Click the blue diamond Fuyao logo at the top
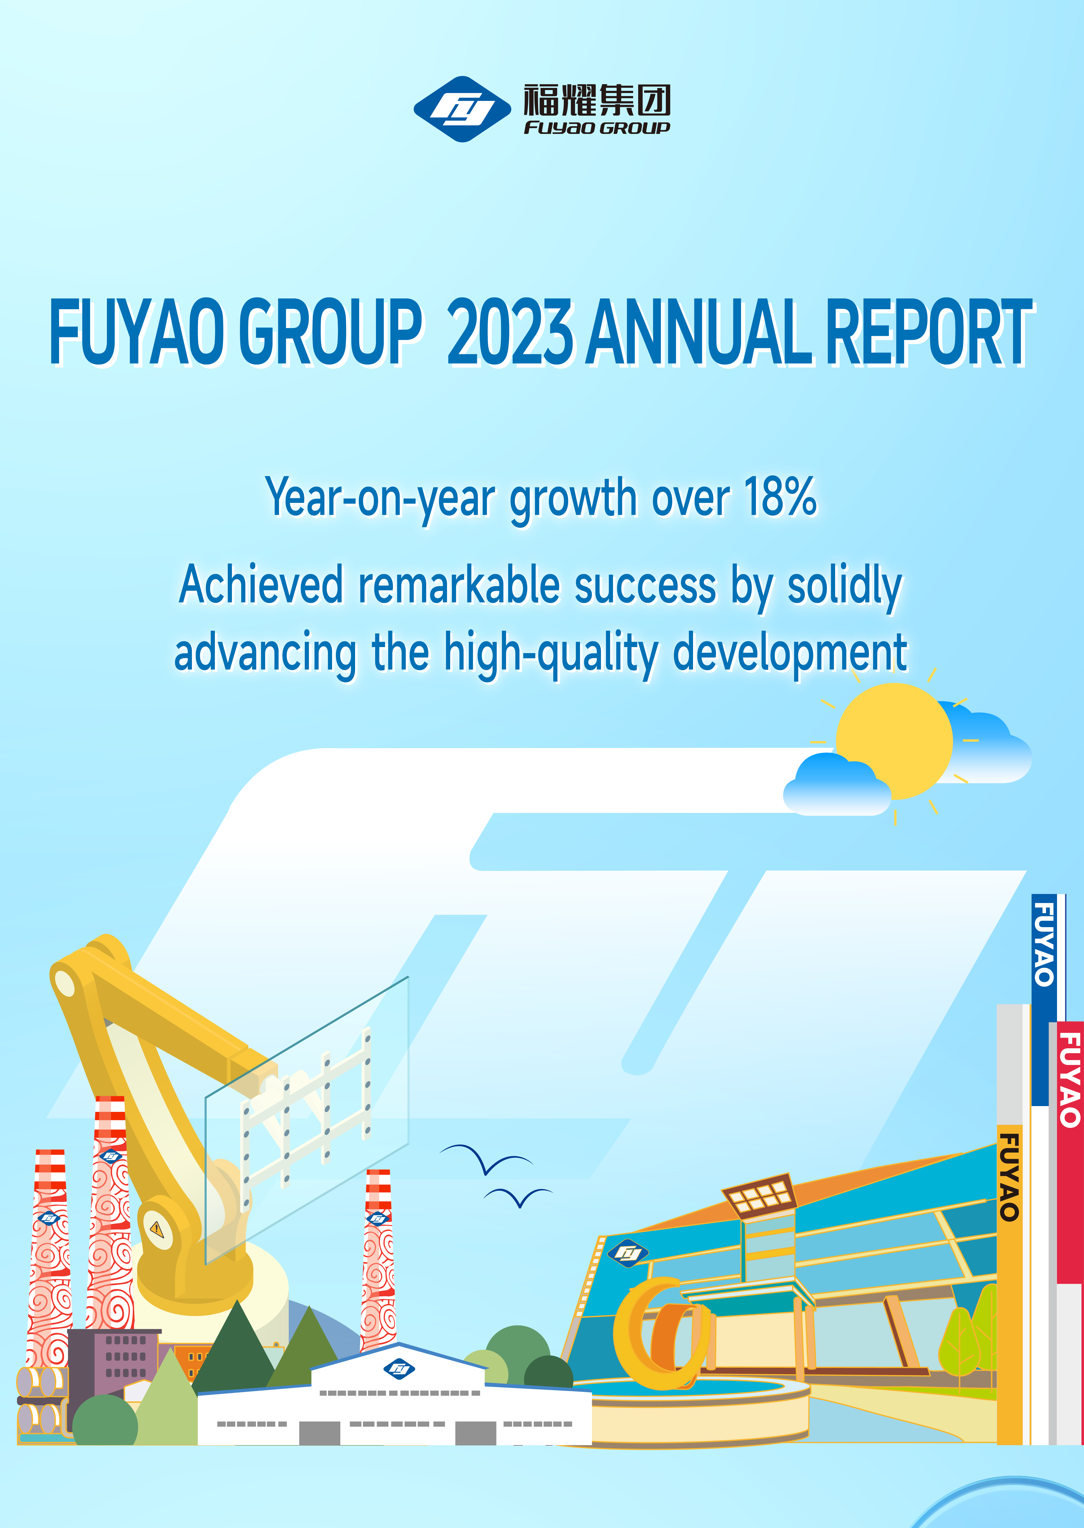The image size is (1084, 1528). pos(462,109)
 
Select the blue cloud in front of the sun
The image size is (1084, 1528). pos(837,785)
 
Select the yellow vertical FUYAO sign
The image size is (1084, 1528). pos(1009,1285)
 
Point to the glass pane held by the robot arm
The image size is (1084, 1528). pos(307,1121)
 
